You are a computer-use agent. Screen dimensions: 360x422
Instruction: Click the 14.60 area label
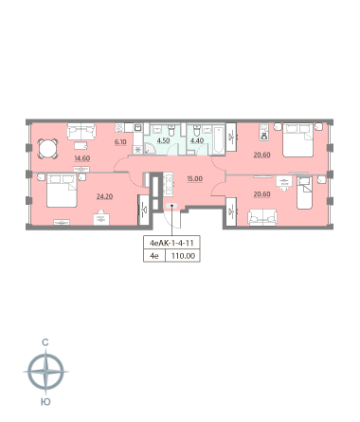pyautogui.click(x=82, y=158)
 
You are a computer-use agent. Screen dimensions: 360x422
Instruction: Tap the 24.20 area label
pyautogui.click(x=104, y=196)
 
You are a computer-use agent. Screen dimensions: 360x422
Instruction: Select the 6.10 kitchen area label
pyautogui.click(x=120, y=142)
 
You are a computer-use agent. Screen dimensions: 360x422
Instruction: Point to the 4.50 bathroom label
pyautogui.click(x=163, y=140)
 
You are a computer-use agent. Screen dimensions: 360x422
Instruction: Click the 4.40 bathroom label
pyautogui.click(x=197, y=140)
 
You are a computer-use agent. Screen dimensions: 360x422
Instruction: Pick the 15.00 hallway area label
pyautogui.click(x=194, y=179)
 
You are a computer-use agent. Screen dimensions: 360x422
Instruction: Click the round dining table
pyautogui.click(x=47, y=148)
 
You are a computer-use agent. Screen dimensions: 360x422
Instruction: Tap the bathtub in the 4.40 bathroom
pyautogui.click(x=218, y=139)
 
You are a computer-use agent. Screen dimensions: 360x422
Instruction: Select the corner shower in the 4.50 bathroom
pyautogui.click(x=150, y=148)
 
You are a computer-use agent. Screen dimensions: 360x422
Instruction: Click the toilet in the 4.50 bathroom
pyautogui.click(x=171, y=130)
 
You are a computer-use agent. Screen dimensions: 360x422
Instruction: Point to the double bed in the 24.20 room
pyautogui.click(x=62, y=190)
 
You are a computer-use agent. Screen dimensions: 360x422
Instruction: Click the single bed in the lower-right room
pyautogui.click(x=305, y=193)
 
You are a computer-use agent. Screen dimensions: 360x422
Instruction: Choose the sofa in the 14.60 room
pyautogui.click(x=81, y=131)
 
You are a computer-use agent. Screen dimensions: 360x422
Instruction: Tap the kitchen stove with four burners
pyautogui.click(x=119, y=128)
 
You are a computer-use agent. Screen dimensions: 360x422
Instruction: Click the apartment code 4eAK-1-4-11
pyautogui.click(x=171, y=243)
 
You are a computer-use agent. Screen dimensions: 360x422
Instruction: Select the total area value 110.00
pyautogui.click(x=183, y=256)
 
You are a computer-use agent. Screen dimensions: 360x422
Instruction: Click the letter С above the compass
pyautogui.click(x=45, y=342)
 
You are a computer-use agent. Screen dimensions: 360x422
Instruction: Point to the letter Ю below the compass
pyautogui.click(x=45, y=402)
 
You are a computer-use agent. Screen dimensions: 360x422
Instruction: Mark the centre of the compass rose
pyautogui.click(x=46, y=372)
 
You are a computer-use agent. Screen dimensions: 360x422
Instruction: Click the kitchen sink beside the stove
pyautogui.click(x=138, y=128)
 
